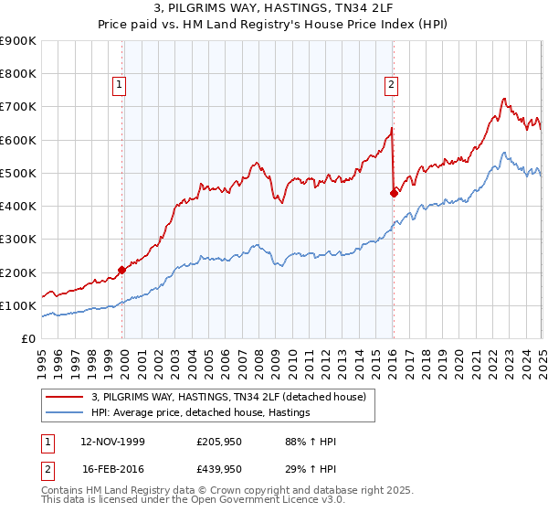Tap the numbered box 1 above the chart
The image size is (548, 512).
pos(120,86)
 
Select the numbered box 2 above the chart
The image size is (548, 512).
pos(391,86)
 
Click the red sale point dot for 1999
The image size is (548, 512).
pos(122,270)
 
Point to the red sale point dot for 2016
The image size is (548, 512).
pos(394,193)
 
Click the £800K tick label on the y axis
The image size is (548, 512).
pos(18,74)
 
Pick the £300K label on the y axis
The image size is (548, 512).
pos(18,240)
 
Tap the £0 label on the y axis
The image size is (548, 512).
pos(27,338)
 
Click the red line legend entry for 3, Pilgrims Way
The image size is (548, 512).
pos(228,397)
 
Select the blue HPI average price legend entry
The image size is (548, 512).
pos(201,412)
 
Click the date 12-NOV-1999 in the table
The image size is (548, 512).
pos(112,443)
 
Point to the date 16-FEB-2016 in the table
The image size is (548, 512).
pos(112,472)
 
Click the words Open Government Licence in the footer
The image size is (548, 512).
pos(275,502)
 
